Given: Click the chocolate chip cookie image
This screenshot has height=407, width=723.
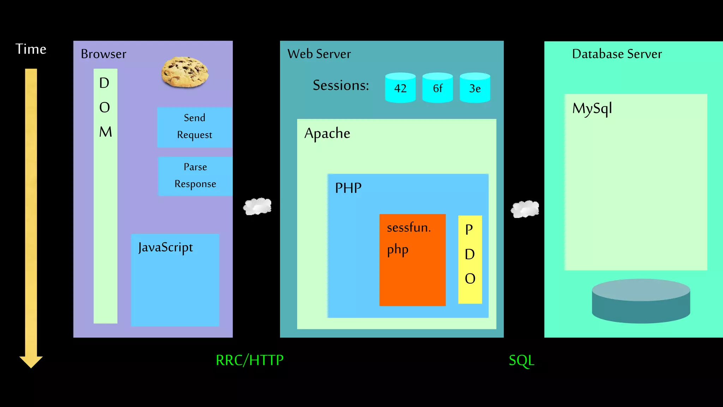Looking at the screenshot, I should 185,72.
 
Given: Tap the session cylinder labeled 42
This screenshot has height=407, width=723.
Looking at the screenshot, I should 400,88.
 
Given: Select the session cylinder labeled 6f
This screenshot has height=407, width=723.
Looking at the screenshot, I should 437,88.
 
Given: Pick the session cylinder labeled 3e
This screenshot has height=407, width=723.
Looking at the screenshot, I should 475,88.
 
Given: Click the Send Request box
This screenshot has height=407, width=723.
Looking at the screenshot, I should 195,127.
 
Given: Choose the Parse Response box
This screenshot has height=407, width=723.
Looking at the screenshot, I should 195,176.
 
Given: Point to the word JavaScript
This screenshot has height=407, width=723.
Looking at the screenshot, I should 166,247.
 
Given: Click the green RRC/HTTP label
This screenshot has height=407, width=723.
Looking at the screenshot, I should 250,360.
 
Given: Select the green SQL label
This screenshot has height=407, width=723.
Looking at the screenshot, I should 521,360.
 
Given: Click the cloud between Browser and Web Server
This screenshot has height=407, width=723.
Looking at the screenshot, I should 257,206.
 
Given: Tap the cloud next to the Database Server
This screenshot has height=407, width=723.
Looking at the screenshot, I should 525,209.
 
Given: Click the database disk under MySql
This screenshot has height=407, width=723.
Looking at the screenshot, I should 641,301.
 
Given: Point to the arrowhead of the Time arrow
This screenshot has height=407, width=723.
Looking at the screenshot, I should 31,362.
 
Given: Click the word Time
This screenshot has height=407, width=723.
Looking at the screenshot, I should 31,49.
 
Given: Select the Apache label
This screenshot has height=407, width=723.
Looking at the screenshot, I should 327,134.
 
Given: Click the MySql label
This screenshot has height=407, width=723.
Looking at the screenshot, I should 592,108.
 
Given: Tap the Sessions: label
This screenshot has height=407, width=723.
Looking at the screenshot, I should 341,85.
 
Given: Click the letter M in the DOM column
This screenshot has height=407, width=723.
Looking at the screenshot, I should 105,132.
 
